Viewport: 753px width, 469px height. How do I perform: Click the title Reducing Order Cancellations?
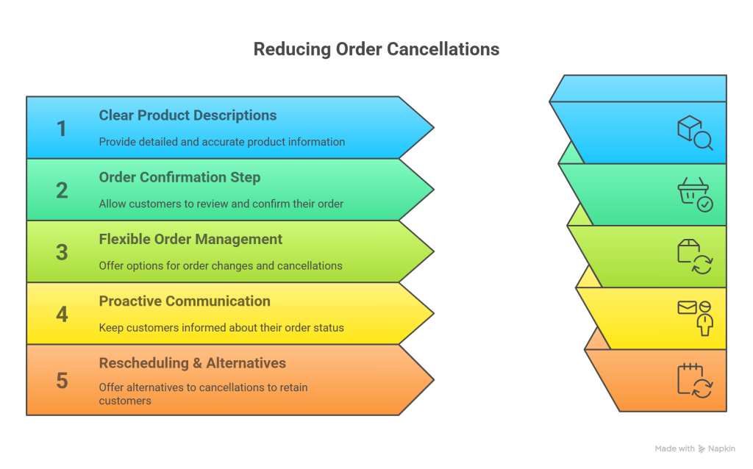point(376,49)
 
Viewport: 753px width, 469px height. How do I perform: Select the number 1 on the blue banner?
point(62,129)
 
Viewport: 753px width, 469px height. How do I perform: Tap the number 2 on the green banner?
point(62,190)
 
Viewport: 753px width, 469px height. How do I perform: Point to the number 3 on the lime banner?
point(62,252)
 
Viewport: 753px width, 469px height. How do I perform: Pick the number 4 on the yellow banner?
point(62,314)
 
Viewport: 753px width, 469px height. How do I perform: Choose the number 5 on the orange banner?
point(62,380)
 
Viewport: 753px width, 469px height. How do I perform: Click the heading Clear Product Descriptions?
point(188,115)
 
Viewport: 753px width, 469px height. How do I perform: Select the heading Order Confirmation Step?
point(179,177)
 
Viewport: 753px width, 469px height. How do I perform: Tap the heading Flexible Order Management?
point(190,239)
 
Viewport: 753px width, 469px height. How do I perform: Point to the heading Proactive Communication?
point(185,301)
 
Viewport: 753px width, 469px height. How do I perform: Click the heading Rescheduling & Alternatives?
point(193,363)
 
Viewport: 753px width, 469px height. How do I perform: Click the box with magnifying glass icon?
point(695,133)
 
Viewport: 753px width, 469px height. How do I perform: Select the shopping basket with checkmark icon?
point(695,195)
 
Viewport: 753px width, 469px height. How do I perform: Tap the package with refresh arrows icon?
point(695,257)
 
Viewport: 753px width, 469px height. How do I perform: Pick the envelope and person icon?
point(695,318)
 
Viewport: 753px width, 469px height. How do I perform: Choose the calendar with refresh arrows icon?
point(695,380)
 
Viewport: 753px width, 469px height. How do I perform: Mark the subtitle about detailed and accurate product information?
point(222,142)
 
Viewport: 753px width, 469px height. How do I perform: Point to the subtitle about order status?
point(221,327)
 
